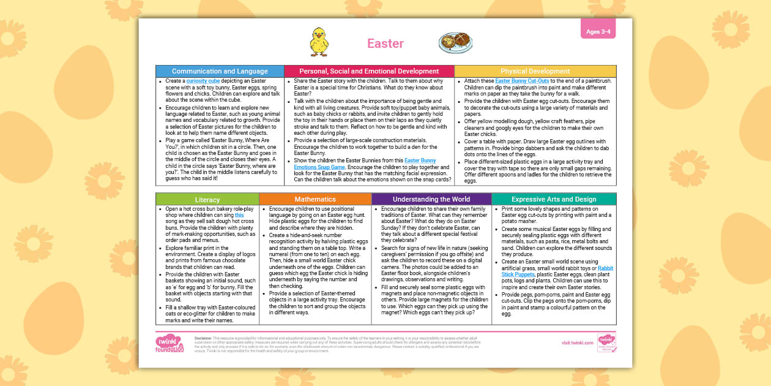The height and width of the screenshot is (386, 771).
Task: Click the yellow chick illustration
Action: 318,42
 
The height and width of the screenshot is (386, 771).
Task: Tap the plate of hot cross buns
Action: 456,43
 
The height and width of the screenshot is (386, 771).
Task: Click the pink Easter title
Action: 386,44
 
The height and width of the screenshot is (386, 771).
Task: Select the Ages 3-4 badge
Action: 598,32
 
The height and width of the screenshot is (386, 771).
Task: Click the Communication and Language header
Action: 220,71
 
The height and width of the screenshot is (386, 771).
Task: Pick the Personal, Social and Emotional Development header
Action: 369,71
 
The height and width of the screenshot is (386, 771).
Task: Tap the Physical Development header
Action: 535,71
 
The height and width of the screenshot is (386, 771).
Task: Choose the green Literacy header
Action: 207,199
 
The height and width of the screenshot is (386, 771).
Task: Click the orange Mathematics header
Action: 315,199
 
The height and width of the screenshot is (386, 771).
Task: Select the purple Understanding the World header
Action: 431,199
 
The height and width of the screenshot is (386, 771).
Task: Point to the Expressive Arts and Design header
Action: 554,199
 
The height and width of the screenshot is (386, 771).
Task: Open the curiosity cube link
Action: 203,81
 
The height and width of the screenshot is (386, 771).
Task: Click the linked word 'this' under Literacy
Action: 239,216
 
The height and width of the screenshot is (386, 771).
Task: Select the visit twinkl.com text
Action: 577,343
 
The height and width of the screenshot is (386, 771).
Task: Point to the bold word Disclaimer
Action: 203,338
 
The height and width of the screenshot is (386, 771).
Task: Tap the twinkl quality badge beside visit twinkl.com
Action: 606,343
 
